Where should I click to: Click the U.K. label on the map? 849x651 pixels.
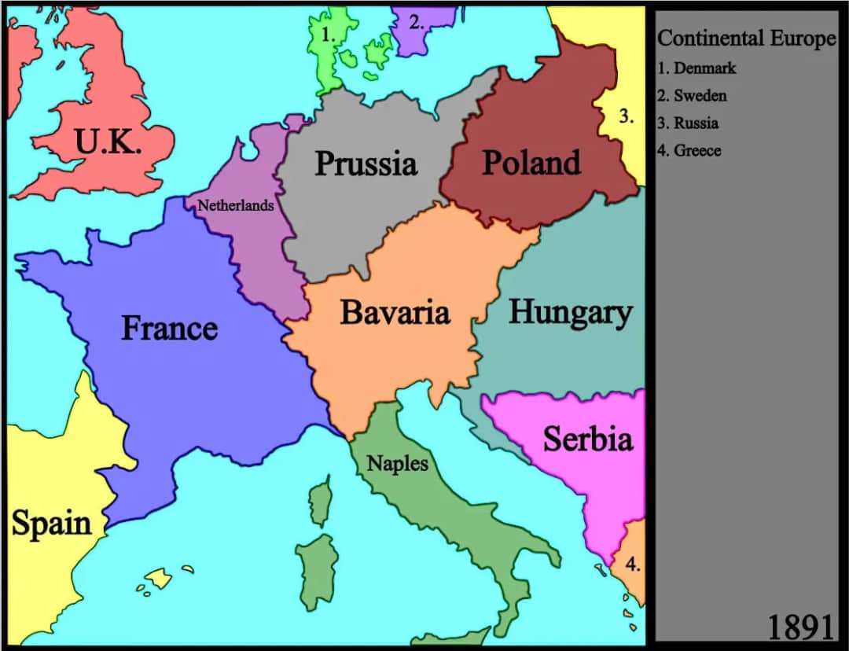tap(108, 142)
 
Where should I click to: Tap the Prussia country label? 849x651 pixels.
tap(366, 164)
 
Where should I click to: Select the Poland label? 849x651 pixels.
tap(531, 163)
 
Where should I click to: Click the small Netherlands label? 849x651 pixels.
tap(235, 205)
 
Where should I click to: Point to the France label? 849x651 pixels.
tap(169, 328)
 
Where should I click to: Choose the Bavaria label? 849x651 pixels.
tap(395, 312)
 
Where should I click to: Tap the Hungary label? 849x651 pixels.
tap(570, 312)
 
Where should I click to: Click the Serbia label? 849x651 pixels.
tap(587, 439)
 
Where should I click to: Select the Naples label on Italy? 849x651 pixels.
tap(398, 463)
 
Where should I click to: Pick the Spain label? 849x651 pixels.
tap(51, 524)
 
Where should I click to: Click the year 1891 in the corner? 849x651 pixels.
tap(799, 627)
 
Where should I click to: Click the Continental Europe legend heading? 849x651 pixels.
tap(746, 39)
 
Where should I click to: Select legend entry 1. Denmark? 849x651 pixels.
tap(696, 68)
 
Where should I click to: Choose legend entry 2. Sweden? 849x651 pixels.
tap(692, 96)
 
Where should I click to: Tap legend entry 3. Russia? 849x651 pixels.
tap(688, 123)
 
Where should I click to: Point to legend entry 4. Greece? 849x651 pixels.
tap(689, 151)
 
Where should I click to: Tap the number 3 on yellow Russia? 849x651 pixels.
tap(625, 117)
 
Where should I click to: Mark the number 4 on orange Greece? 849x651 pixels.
tap(633, 564)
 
